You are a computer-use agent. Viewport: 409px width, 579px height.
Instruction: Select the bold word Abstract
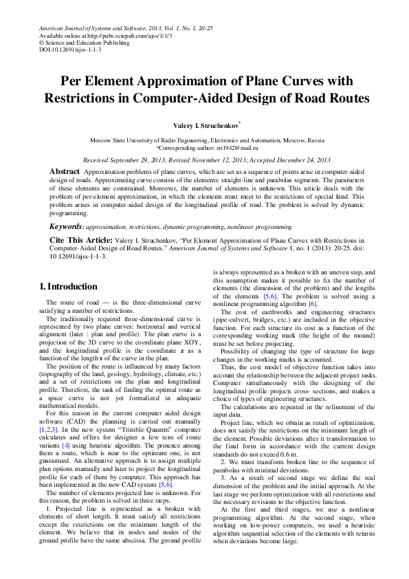(65, 171)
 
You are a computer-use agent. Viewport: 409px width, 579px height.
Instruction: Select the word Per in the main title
(74, 82)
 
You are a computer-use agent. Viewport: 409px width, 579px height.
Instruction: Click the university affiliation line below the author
(204, 140)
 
